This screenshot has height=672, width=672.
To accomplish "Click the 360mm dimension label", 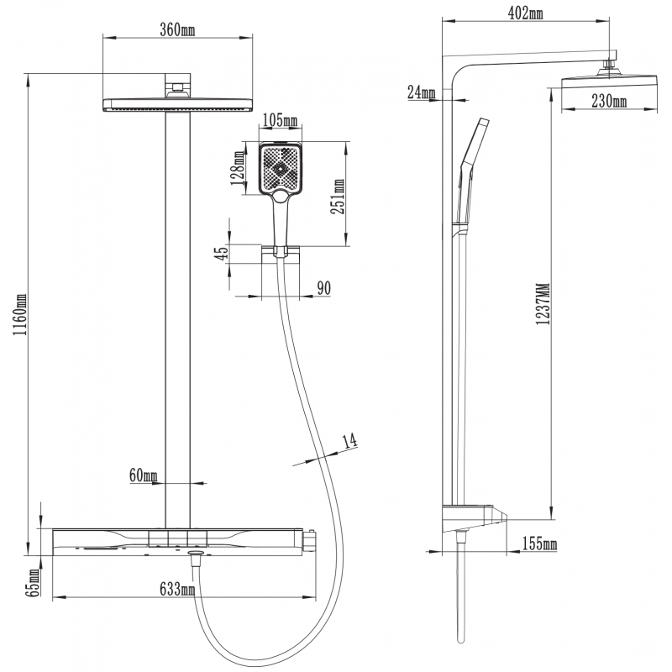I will (x=176, y=31).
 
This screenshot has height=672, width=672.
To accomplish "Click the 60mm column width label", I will (x=144, y=476).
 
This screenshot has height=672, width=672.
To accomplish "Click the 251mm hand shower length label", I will (x=339, y=197).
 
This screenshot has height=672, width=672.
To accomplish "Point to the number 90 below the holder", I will (x=324, y=288).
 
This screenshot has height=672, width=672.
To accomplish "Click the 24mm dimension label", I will (x=421, y=92).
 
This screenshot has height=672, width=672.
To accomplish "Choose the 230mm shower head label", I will (x=610, y=102).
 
